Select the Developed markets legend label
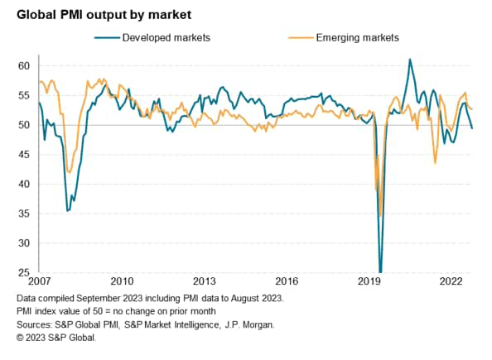point(166,37)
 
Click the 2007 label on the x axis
point(39,281)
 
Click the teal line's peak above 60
point(410,60)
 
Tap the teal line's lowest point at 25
point(381,271)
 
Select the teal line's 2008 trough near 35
point(68,210)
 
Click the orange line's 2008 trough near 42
point(69,171)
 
